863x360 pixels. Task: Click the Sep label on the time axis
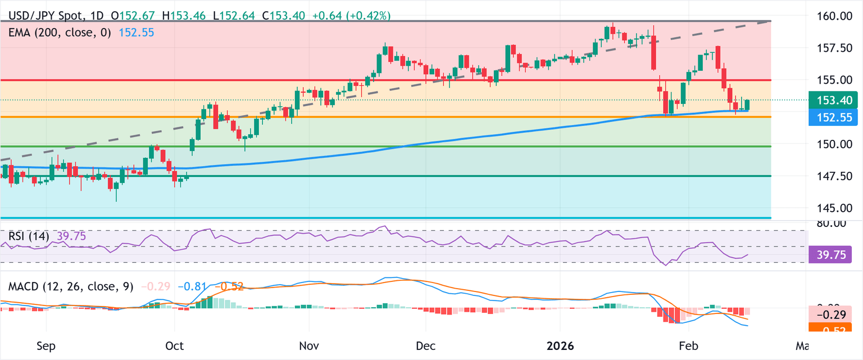pos(46,346)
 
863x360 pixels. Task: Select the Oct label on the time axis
pos(175,346)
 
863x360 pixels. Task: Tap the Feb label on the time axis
pos(689,346)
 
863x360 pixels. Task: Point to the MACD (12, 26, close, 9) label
pos(70,286)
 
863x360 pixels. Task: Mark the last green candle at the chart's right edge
pos(747,104)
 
